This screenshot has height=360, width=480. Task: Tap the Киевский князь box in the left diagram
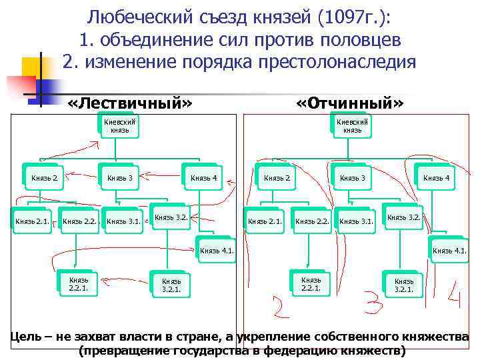coord(119,126)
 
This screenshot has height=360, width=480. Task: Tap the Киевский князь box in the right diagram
coord(351,126)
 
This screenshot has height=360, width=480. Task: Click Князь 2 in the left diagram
coord(44,177)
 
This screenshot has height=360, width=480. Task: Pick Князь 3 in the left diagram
coord(120,177)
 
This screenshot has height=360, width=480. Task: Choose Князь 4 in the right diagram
coord(436,177)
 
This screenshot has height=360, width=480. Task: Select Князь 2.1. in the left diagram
coord(32,221)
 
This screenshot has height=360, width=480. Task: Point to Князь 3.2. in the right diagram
coord(403,217)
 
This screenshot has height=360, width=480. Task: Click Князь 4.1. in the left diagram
coord(217,251)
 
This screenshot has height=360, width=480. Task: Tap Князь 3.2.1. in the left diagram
coord(171,285)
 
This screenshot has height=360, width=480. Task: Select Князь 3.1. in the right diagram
coord(356,221)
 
